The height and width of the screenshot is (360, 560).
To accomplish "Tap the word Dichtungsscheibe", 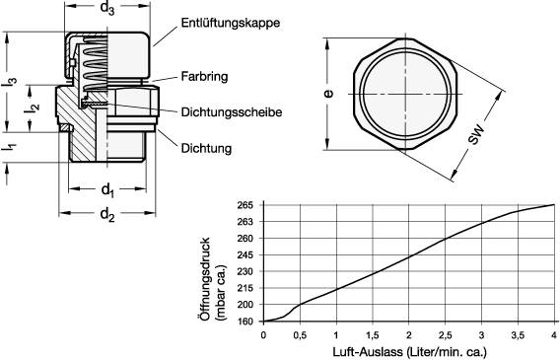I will [x=231, y=112].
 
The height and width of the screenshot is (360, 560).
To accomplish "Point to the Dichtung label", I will [x=206, y=149].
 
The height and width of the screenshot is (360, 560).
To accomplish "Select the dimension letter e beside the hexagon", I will [x=328, y=95].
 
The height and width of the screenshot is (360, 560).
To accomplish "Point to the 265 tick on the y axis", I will [x=245, y=204].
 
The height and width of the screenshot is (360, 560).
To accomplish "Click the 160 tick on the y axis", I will [x=245, y=321].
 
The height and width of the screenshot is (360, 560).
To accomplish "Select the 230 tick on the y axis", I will [x=245, y=271].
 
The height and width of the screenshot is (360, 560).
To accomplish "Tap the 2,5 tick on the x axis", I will [x=446, y=334].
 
